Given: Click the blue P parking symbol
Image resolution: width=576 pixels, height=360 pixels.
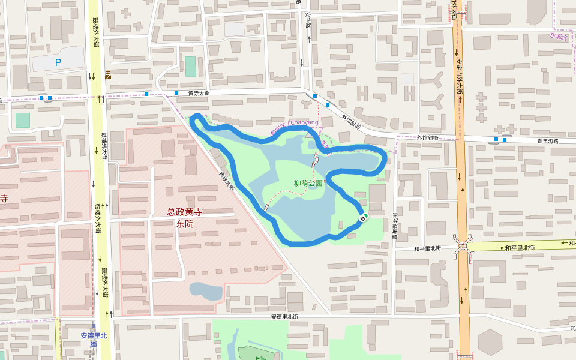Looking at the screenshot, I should tap(58, 62).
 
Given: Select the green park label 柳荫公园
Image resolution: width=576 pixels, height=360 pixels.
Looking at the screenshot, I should tap(308, 184).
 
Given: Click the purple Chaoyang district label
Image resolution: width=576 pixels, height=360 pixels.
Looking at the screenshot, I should tap(304, 122).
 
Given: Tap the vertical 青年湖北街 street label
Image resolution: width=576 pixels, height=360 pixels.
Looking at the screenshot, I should tap(395, 226).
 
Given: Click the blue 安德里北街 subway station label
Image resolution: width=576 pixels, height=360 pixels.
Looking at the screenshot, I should tap(94, 340).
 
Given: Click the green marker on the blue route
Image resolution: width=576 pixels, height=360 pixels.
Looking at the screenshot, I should tap(364, 217).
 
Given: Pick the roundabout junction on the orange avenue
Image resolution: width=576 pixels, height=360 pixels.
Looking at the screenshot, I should tap(463, 246).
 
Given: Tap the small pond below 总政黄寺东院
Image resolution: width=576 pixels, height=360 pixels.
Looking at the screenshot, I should tap(206, 291).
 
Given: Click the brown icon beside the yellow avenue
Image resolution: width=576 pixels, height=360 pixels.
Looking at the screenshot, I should tap(107, 74).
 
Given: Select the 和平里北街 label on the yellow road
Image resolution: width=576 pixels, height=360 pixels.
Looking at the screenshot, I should tap(519, 247).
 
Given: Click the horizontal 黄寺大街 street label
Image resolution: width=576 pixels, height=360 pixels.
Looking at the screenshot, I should tap(199, 93).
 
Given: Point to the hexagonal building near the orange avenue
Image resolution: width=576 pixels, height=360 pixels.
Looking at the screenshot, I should tap(490, 342).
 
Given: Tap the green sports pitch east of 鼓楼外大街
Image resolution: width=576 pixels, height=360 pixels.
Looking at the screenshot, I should tap(190, 66).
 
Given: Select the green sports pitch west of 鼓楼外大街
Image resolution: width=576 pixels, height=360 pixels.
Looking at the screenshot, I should tap(22, 120).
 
